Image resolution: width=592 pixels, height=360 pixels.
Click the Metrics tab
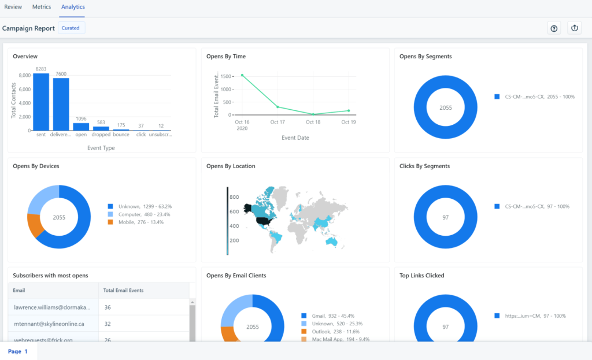pyautogui.click(x=42, y=7)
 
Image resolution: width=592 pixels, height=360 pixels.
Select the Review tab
pyautogui.click(x=13, y=7)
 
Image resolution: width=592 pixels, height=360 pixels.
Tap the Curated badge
pyautogui.click(x=71, y=28)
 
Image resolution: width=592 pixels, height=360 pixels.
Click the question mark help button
pyautogui.click(x=554, y=28)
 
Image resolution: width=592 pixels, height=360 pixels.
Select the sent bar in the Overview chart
pyautogui.click(x=41, y=102)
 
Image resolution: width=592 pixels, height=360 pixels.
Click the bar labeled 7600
pyautogui.click(x=61, y=104)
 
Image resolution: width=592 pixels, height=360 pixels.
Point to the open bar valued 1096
pyautogui.click(x=81, y=127)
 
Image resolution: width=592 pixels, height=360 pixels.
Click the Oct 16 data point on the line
pyautogui.click(x=242, y=75)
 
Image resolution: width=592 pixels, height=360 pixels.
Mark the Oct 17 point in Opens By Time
pyautogui.click(x=277, y=107)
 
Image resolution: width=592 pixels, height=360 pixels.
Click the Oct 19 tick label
pyautogui.click(x=348, y=122)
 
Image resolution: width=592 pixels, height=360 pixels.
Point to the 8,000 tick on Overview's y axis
pyautogui.click(x=24, y=75)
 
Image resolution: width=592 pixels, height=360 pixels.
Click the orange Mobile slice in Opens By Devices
pyautogui.click(x=36, y=225)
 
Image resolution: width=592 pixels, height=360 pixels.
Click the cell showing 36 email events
pyautogui.click(x=108, y=307)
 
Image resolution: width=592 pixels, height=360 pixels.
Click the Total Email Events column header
pyautogui.click(x=123, y=290)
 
